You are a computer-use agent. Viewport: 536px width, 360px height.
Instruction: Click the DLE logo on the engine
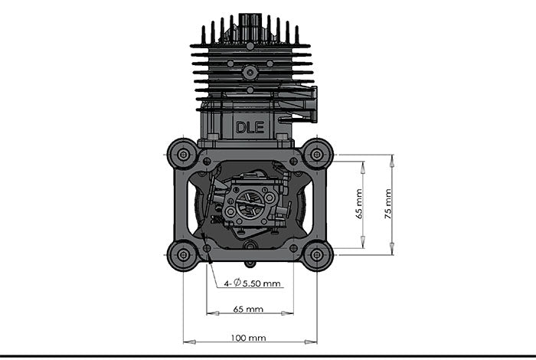tap(250, 127)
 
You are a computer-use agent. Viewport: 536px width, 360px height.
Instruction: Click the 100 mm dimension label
tap(248, 338)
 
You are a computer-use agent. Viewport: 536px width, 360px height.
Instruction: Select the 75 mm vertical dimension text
tap(388, 204)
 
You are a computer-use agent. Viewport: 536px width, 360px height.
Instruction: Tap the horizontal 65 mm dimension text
tap(248, 309)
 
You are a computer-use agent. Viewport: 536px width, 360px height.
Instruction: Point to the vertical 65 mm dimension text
tap(359, 204)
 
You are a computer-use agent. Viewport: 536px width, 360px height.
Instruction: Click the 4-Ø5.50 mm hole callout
tap(252, 283)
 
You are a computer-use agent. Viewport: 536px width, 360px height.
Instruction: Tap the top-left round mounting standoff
tap(183, 155)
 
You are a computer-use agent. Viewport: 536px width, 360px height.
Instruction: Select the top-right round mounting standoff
tap(317, 155)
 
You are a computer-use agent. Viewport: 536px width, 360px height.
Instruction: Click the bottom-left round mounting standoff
tap(183, 255)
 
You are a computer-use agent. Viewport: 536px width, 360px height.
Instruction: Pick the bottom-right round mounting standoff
tap(317, 255)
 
